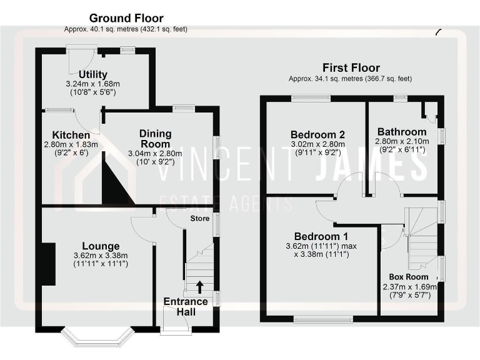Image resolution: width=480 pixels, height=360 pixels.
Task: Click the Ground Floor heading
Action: pos(126,18)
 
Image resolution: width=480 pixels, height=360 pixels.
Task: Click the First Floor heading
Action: pos(351,68)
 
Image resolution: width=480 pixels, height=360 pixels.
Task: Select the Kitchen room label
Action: pos(71,135)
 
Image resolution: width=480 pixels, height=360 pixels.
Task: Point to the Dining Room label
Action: pos(154,139)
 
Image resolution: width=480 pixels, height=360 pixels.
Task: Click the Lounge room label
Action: pos(100,246)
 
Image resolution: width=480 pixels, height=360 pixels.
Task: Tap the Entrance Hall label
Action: pos(186,307)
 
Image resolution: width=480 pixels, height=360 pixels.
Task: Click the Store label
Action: pos(200,219)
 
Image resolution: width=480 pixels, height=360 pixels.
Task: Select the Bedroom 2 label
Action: pos(317,134)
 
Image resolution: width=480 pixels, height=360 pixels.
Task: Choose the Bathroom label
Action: pos(402,132)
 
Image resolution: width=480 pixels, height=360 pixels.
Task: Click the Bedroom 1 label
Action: pos(321,237)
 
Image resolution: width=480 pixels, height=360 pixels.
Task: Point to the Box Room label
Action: pos(409,277)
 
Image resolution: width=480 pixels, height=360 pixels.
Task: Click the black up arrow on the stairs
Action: pos(200,286)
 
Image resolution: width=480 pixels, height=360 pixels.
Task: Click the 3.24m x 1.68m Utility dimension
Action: pos(92,84)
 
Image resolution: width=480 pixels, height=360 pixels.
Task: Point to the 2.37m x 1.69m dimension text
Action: pos(409,287)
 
